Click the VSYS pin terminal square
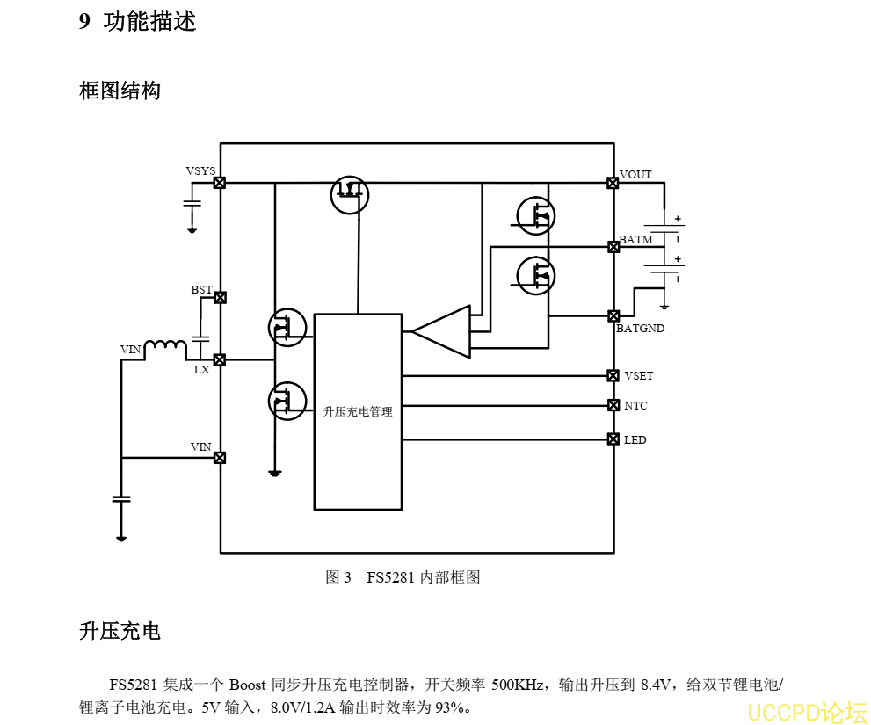pos(220,183)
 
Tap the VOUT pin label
pos(635,175)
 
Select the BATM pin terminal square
pos(613,247)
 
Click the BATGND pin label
pos(640,329)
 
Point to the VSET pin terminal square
pos(613,375)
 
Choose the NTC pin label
pos(635,406)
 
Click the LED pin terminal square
pos(613,439)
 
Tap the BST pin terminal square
pos(220,298)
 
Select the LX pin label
pos(202,370)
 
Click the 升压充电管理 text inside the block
pos(358,411)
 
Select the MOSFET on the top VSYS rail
pos(350,194)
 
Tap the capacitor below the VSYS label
pos(192,204)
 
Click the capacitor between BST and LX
pos(201,337)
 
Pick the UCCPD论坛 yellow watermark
pos(807,710)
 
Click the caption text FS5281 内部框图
pos(424,577)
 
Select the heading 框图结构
pos(120,91)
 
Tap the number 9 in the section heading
pos(84,22)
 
